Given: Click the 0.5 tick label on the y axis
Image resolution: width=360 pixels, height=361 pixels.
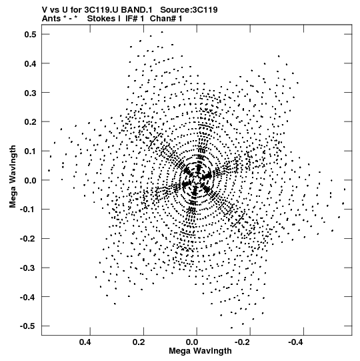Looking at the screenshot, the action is pyautogui.click(x=30, y=34).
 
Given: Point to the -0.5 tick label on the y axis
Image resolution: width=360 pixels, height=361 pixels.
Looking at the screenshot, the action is pyautogui.click(x=28, y=326).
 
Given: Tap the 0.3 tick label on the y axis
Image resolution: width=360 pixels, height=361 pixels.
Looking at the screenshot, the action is pyautogui.click(x=30, y=93).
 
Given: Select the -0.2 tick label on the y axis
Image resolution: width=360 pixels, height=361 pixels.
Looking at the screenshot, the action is pyautogui.click(x=28, y=238).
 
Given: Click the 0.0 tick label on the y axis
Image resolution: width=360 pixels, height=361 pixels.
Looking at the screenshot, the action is pyautogui.click(x=30, y=180).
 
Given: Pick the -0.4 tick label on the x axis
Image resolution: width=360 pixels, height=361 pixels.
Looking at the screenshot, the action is pyautogui.click(x=295, y=342).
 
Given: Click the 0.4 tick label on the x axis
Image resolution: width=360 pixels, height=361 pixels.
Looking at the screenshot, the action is pyautogui.click(x=85, y=342).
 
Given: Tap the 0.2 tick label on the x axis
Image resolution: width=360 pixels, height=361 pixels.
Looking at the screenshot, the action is pyautogui.click(x=139, y=342).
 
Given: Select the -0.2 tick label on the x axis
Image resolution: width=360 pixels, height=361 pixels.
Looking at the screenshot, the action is pyautogui.click(x=241, y=342).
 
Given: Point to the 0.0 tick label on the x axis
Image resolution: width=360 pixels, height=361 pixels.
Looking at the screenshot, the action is pyautogui.click(x=192, y=342).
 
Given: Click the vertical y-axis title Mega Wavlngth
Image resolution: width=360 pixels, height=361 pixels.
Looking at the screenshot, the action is pyautogui.click(x=13, y=177).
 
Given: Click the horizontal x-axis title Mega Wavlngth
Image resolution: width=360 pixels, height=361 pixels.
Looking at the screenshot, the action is pyautogui.click(x=200, y=351).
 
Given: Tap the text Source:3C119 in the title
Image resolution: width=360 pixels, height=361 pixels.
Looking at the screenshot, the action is pyautogui.click(x=189, y=10).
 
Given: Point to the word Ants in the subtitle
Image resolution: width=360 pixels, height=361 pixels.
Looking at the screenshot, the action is pyautogui.click(x=51, y=19).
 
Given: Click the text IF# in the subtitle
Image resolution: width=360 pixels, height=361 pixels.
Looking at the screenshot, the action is pyautogui.click(x=131, y=19).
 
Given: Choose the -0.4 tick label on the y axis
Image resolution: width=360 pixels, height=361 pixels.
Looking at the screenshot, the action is pyautogui.click(x=28, y=297).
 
